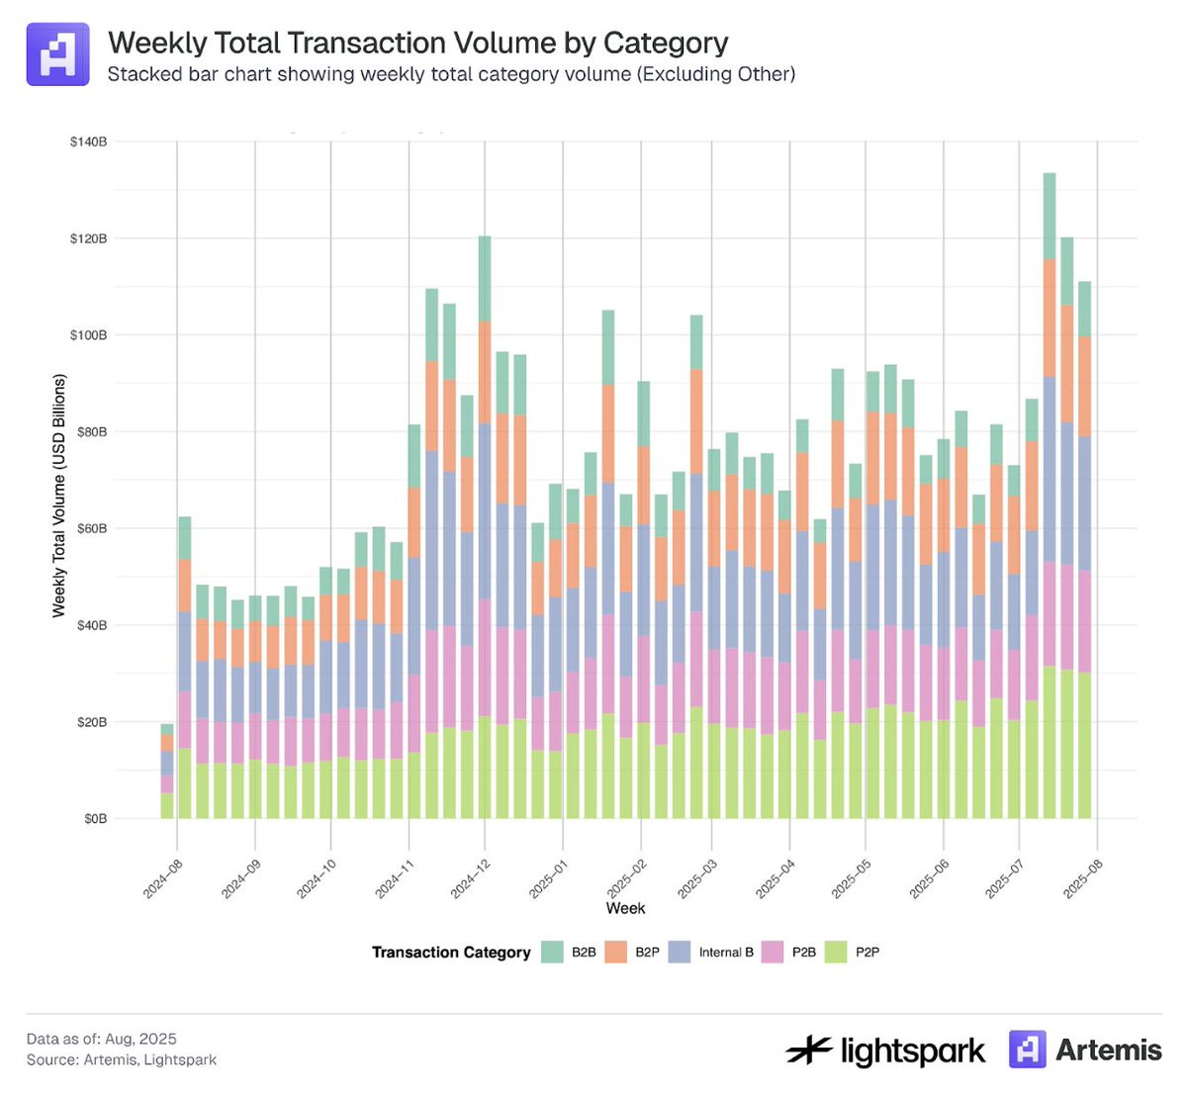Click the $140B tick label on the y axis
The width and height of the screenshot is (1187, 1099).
click(88, 142)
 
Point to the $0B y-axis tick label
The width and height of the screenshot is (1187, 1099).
click(95, 819)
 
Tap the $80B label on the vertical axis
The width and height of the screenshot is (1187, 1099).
click(90, 432)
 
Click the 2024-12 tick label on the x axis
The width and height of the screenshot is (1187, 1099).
click(470, 878)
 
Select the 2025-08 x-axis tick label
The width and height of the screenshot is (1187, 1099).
click(1082, 878)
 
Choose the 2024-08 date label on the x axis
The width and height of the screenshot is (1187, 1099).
click(162, 878)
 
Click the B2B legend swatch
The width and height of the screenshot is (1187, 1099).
click(552, 953)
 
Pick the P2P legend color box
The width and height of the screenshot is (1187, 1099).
click(836, 953)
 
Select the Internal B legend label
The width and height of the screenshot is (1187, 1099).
click(726, 953)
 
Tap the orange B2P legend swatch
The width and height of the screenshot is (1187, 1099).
click(615, 953)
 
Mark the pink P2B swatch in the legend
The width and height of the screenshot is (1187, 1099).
click(773, 953)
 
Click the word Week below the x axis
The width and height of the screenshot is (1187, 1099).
click(625, 908)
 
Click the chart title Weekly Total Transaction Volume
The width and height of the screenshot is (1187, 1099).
click(417, 44)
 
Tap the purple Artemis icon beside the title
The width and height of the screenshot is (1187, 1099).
click(57, 54)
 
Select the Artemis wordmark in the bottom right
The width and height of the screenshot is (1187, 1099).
click(1108, 1050)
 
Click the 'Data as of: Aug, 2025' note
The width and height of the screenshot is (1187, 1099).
click(102, 1039)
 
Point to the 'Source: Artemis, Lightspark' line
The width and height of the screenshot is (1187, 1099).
click(122, 1060)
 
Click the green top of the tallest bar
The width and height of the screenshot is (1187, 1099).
click(1050, 216)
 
